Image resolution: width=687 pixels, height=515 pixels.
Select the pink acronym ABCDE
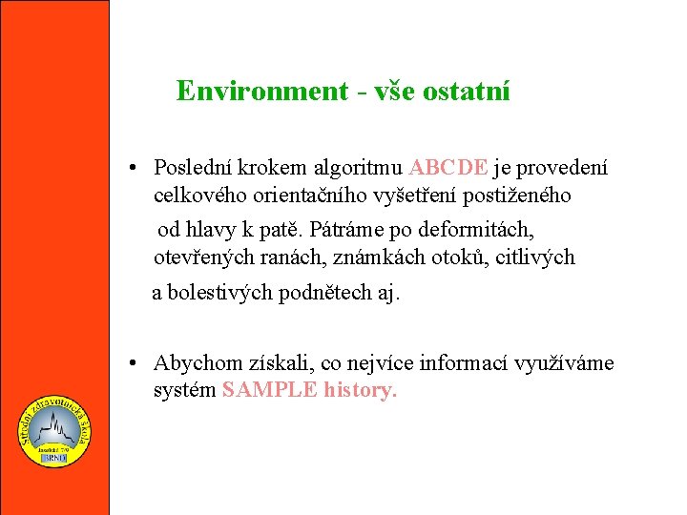coord(448,169)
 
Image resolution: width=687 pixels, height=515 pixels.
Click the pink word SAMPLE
coord(270,391)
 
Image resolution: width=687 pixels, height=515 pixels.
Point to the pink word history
coord(360,391)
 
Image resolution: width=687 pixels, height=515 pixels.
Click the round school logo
coord(54,432)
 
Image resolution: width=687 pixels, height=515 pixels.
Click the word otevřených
coord(202,257)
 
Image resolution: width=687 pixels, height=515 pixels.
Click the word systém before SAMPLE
coord(184,391)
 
